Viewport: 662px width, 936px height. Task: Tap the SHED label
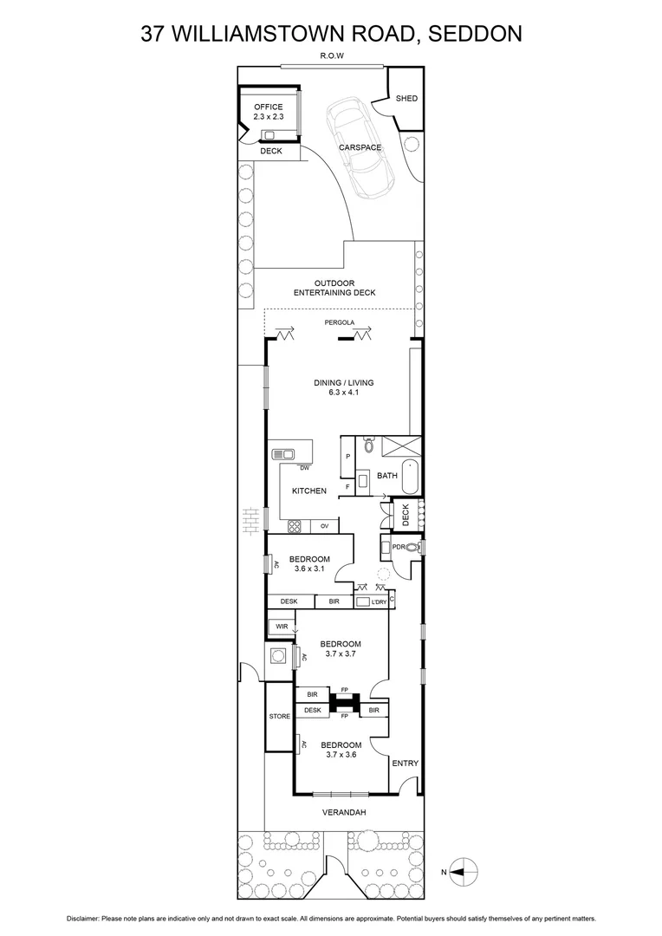406,99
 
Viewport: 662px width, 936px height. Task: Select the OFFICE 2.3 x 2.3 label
268,111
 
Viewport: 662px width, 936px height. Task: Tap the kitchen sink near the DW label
283,454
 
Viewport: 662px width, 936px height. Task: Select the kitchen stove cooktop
295,524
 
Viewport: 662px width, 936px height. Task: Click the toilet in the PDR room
411,547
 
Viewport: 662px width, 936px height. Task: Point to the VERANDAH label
343,812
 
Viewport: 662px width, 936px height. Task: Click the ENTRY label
405,764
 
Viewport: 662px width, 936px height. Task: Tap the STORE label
279,716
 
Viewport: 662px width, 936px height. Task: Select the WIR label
281,626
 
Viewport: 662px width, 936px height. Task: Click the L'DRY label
379,601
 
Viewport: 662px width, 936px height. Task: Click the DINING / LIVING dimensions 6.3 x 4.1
343,393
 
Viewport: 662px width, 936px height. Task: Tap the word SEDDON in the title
473,34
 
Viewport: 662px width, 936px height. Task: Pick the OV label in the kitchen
325,525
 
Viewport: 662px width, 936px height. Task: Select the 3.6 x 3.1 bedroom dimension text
309,569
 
